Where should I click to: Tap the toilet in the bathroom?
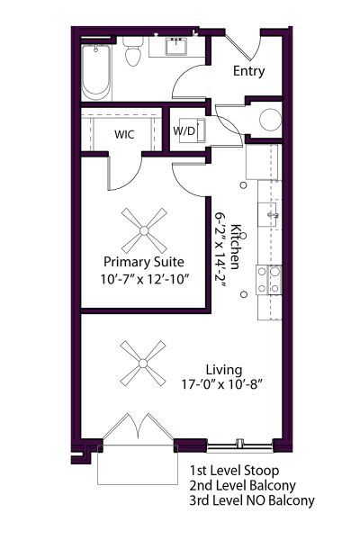click(133, 55)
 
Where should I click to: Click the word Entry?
click(248, 71)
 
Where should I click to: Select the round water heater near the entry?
click(270, 121)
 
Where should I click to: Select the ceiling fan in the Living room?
click(144, 363)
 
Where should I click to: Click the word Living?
click(220, 369)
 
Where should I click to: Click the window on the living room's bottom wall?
click(239, 443)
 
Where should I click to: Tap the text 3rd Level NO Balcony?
click(252, 500)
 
